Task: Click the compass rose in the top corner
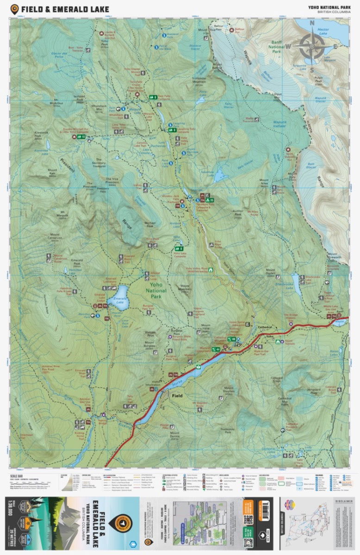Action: (x=311, y=45)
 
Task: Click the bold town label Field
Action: (x=177, y=396)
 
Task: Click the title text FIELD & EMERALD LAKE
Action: (x=65, y=8)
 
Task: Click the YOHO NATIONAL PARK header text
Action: (x=329, y=6)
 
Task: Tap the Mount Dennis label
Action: (x=174, y=435)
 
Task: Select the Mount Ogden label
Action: (x=270, y=272)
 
